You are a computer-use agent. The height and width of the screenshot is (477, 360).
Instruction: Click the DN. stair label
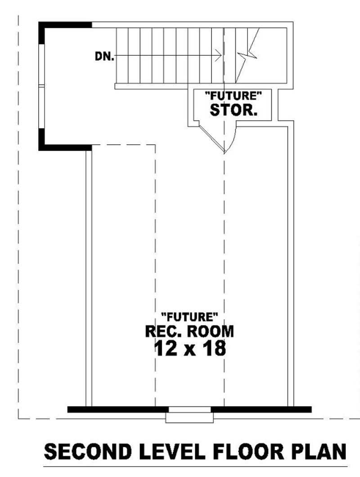tap(104, 56)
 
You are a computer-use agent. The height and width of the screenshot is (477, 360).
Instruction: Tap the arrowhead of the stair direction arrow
tap(218, 56)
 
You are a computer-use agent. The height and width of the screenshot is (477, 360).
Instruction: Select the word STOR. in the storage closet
tap(234, 110)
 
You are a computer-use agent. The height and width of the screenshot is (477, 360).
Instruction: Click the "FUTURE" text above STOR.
tap(233, 96)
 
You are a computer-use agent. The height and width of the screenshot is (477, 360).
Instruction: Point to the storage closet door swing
tap(227, 140)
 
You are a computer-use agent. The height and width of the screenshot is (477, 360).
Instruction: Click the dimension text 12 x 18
tap(189, 348)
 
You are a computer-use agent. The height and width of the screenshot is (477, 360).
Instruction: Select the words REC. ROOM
tap(189, 331)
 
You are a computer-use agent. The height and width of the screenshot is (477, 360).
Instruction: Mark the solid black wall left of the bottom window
tap(117, 409)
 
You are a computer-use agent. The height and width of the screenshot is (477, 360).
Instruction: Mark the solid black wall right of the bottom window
tap(261, 409)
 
